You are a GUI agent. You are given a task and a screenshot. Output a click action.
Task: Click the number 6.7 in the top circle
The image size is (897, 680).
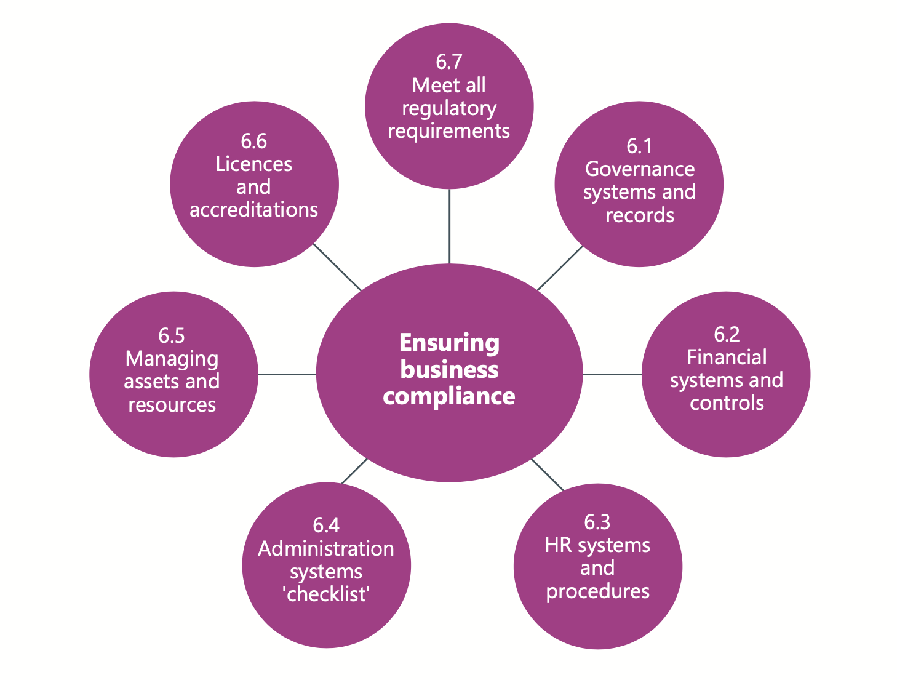coord(448,62)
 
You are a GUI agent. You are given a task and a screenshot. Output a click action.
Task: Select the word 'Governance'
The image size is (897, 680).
coord(639,169)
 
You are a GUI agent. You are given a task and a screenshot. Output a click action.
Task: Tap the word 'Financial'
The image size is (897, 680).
coord(727,357)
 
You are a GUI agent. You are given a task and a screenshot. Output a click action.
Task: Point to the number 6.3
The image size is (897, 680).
coord(597,522)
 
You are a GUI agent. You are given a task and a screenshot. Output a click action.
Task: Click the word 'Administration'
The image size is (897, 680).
coord(326,548)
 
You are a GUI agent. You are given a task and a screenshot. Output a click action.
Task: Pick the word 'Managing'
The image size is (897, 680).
coord(172,359)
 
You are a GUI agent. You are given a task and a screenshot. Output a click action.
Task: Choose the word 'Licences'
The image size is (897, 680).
coord(253,164)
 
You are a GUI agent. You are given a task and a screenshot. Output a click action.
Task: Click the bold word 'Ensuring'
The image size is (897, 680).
coord(449,343)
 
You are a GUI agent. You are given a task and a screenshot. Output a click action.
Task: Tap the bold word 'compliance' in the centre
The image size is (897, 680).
coord(449,396)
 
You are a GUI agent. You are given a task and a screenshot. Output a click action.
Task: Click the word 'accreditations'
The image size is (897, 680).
coord(253,210)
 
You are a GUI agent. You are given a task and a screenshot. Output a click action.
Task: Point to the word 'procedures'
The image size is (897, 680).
coord(597,591)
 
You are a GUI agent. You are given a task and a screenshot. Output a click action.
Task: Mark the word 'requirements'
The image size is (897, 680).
coord(448,131)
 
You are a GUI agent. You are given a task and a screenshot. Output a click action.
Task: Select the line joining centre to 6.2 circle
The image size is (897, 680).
coord(612,374)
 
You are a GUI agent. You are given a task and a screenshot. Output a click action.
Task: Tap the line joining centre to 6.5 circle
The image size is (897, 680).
coord(287,374)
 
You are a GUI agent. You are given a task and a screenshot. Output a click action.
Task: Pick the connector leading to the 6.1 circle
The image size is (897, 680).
coord(560,268)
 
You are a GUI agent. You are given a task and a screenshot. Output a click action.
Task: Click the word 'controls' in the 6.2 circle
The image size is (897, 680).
coord(727,403)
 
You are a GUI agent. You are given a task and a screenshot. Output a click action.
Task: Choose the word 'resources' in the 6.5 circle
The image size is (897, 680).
coord(172,405)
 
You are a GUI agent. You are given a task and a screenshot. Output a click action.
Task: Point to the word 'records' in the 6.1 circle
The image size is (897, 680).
coord(639,215)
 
